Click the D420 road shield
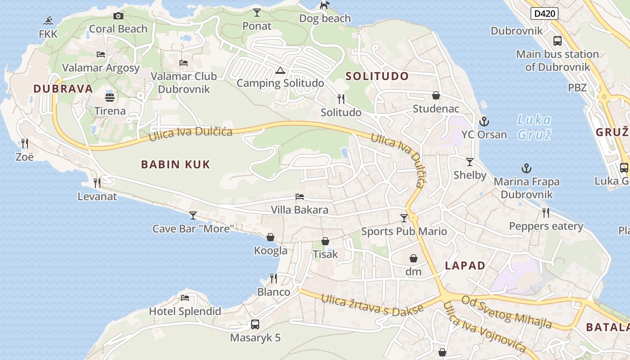(544, 13)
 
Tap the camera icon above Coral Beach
(118, 16)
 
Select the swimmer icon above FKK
(48, 21)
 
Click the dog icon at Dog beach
(324, 5)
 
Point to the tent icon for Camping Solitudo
(280, 70)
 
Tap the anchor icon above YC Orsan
(484, 121)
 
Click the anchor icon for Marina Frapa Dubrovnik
(526, 168)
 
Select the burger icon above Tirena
(110, 97)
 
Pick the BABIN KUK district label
(175, 164)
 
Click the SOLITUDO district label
(377, 76)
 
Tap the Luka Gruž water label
(534, 127)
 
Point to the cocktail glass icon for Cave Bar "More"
(193, 215)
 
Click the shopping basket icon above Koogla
(270, 237)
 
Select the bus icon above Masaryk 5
(255, 324)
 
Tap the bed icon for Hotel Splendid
(185, 297)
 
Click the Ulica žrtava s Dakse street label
(373, 306)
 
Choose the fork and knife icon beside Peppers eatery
(546, 212)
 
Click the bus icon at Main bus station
(558, 41)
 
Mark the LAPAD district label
(465, 265)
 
